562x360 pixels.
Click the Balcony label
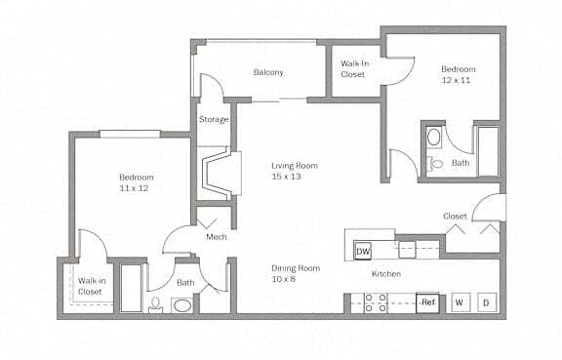coord(268,73)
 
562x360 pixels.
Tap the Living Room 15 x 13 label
coord(292,172)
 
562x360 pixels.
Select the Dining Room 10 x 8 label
coord(296,274)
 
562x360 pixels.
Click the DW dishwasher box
coord(362,252)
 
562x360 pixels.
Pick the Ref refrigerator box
coord(427,302)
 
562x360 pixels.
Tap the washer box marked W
coord(459,302)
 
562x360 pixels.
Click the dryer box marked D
coord(486,302)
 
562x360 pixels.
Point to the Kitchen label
coord(386,274)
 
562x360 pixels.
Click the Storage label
coord(214,120)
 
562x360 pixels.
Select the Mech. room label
coord(216,236)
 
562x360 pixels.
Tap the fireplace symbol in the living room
coord(216,172)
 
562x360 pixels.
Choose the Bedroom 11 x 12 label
coord(137,182)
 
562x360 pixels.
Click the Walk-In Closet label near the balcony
coord(353,68)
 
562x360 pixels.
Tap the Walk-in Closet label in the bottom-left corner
coord(91,286)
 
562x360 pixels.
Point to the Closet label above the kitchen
coord(455,216)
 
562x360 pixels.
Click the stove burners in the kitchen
coord(376,303)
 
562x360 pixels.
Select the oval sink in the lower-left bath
coord(182,305)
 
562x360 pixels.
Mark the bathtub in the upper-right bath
coord(486,150)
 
